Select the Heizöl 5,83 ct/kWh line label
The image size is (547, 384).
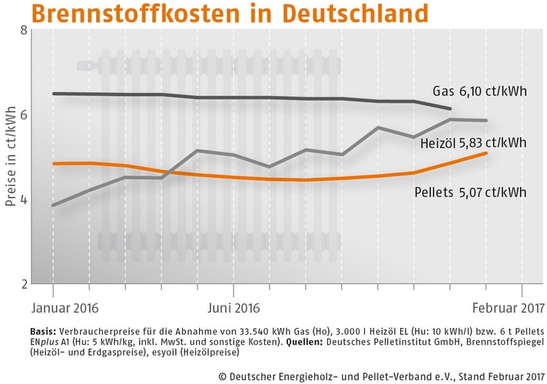[473, 143]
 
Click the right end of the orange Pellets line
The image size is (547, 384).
[486, 153]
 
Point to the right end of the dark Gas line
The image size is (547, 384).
[450, 108]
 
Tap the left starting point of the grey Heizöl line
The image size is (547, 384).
[53, 205]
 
